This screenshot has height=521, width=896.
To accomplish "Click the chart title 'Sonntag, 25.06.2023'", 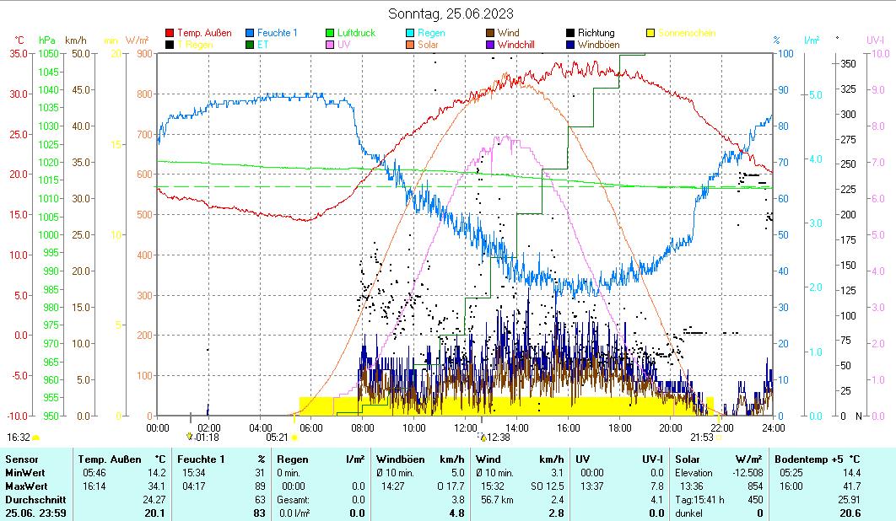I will (451, 13).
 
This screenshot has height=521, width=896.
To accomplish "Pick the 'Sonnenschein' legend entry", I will (686, 33).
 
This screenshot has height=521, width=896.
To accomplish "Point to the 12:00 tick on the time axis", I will (465, 427).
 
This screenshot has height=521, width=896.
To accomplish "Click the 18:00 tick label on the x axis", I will (619, 427).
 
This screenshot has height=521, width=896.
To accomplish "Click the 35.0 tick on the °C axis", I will (19, 54).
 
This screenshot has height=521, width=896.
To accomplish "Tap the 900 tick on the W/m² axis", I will (143, 54).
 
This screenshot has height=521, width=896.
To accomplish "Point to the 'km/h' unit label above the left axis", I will (75, 40).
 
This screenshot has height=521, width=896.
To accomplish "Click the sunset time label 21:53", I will (701, 438).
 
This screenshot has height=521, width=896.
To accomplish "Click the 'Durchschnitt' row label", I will (34, 500).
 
